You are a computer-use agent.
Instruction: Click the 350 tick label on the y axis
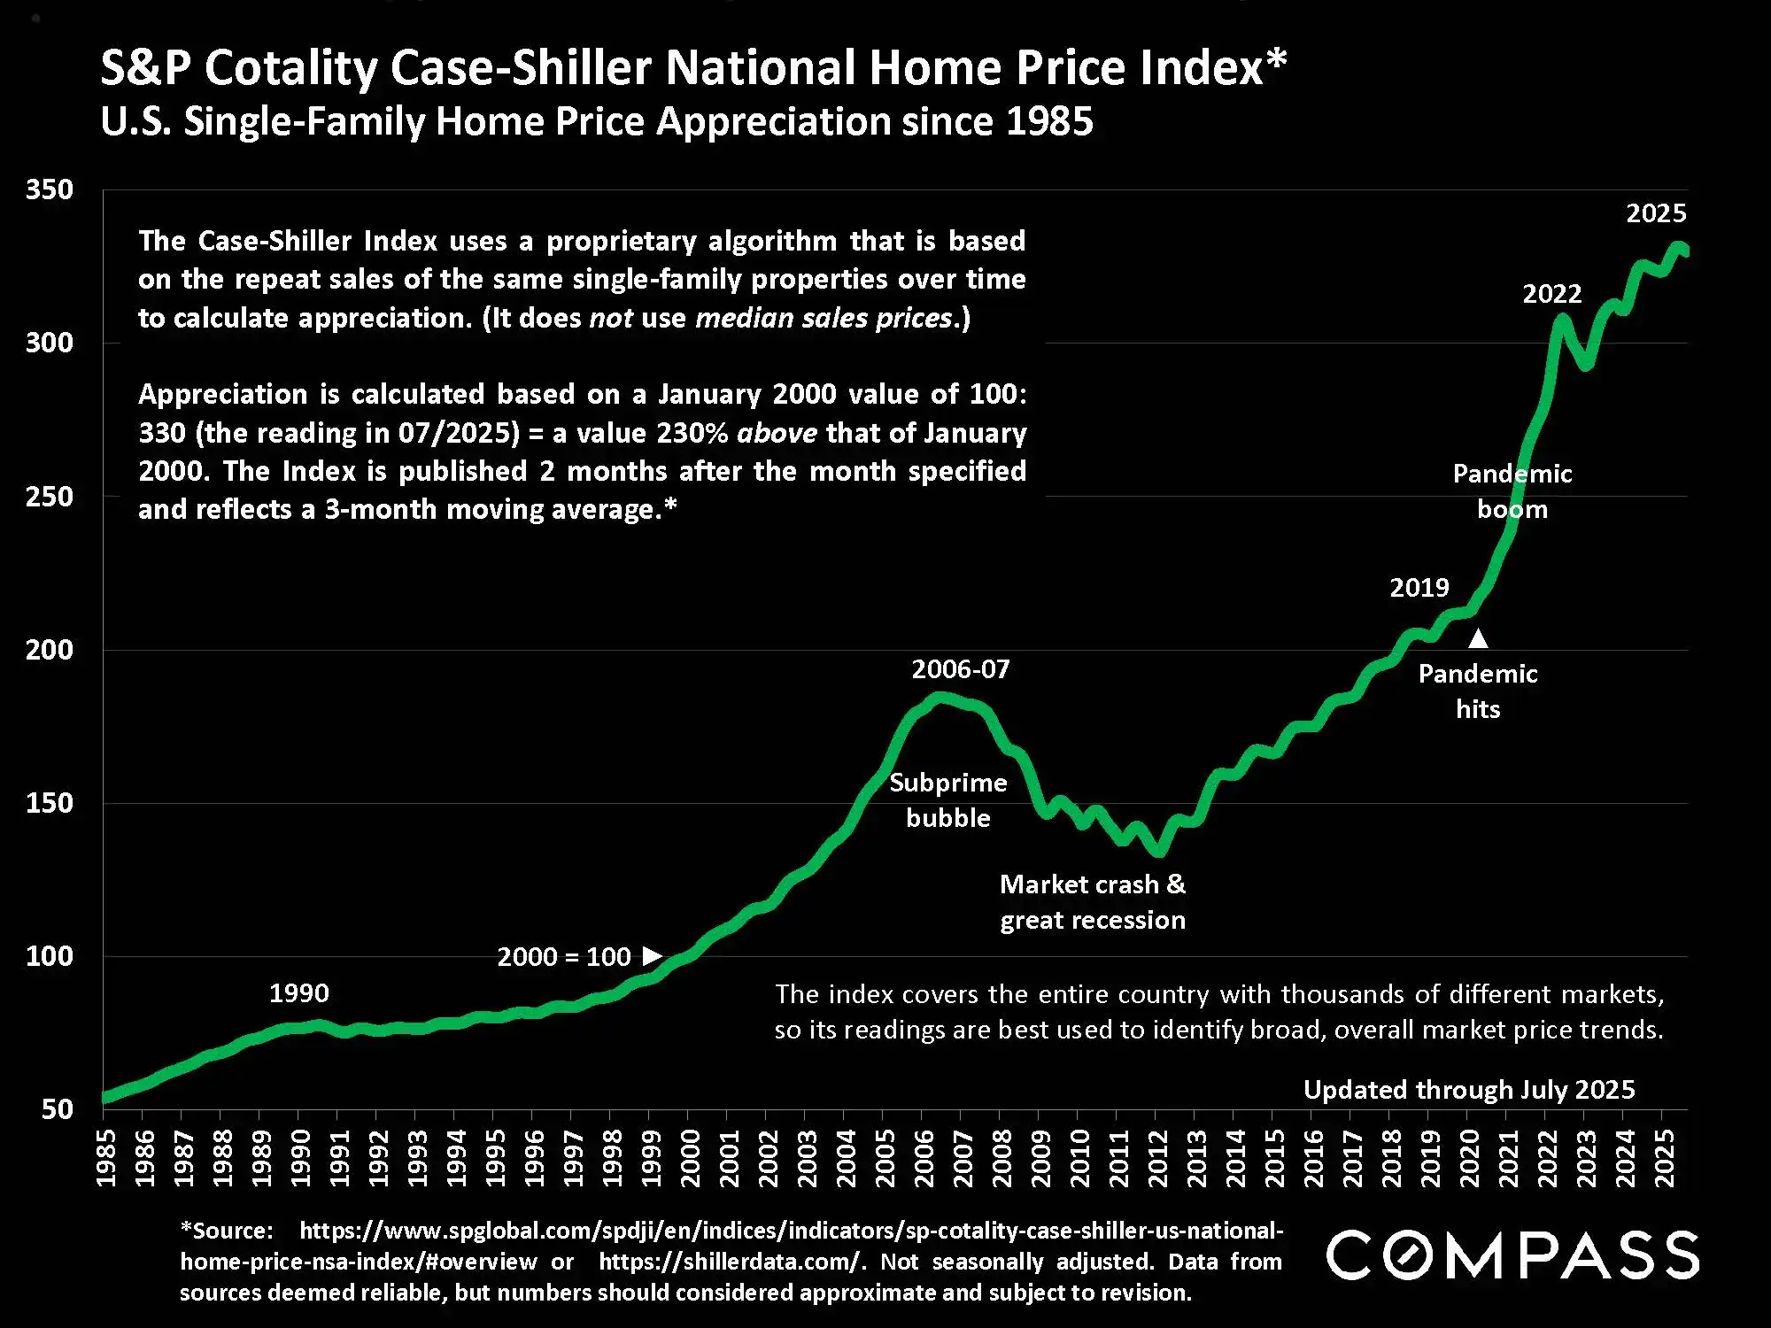coord(50,189)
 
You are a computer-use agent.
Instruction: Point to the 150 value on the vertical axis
coord(50,803)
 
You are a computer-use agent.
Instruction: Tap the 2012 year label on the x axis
coord(1157,1158)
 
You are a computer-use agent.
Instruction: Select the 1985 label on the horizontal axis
coord(105,1158)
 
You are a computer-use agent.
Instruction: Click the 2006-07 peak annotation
coord(961,668)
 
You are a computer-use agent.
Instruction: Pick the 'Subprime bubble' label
coord(948,800)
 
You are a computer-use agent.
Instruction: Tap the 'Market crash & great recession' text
coord(1093,902)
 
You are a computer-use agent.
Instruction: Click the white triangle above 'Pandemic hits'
coord(1478,637)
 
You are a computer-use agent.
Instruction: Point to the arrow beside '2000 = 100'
coord(653,955)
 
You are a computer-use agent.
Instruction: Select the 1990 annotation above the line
coord(298,992)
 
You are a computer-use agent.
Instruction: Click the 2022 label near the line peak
coord(1551,293)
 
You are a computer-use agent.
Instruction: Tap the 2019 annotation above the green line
coord(1419,587)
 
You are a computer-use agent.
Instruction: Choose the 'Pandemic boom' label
coord(1512,491)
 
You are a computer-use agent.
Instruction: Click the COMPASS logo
coord(1512,1255)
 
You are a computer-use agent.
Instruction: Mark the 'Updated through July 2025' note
coord(1469,1089)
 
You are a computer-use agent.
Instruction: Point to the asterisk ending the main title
coord(1276,60)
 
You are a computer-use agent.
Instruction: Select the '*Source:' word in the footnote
coord(227,1231)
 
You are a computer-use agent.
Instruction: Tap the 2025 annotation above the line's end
coord(1656,212)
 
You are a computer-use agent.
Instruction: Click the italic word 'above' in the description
coord(777,432)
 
